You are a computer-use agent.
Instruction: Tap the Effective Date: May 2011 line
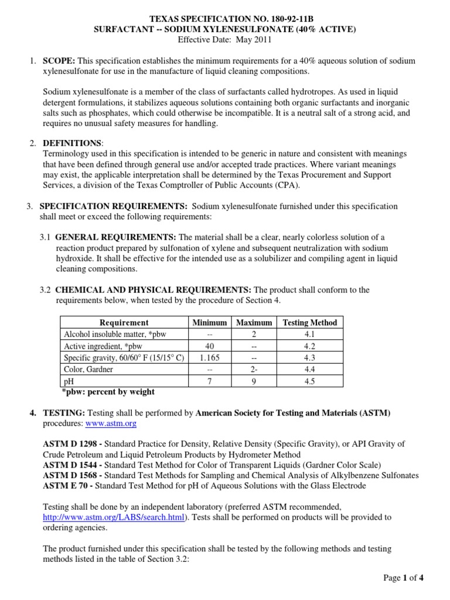tap(225, 40)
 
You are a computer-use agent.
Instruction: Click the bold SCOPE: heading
tap(59, 61)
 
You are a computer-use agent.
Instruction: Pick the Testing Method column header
tap(310, 322)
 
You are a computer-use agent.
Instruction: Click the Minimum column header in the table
tap(210, 322)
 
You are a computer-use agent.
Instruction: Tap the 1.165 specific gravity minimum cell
tap(210, 357)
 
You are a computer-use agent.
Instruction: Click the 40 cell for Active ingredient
tap(210, 346)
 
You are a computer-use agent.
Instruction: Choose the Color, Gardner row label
tap(90, 369)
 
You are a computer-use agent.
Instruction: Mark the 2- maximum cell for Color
tap(254, 369)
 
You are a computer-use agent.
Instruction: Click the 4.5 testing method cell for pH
tap(310, 381)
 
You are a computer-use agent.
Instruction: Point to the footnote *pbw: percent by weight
tap(108, 391)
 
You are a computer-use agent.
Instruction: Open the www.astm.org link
tap(111, 423)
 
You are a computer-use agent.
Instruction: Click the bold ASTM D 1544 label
tap(70, 465)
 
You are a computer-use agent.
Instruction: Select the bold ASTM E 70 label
tap(66, 486)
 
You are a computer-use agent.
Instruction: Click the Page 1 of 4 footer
tap(403, 578)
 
